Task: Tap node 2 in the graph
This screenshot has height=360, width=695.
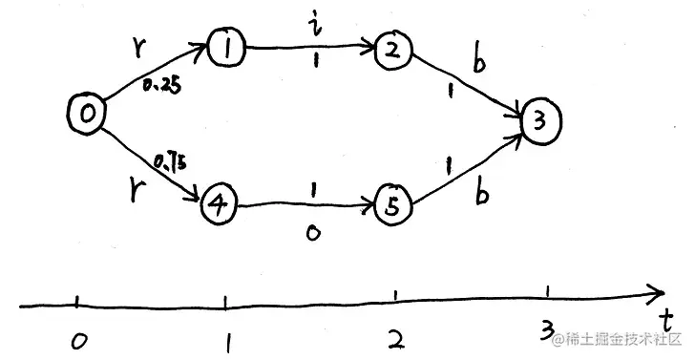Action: (392, 51)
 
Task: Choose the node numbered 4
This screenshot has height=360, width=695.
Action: (218, 204)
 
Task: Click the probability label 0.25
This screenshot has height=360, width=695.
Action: (159, 86)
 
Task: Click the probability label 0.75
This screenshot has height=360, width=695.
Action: (167, 163)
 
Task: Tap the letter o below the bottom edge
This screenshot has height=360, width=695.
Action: (312, 232)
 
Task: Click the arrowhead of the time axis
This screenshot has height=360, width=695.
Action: (656, 293)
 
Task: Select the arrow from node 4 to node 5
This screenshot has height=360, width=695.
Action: (305, 203)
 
